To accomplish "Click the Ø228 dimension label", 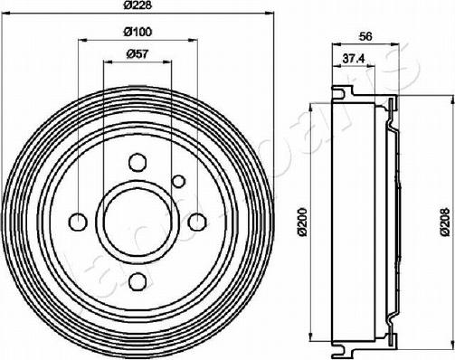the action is pyautogui.click(x=137, y=5).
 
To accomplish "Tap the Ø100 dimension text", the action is pyautogui.click(x=137, y=32).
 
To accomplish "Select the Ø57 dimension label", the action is pyautogui.click(x=137, y=54).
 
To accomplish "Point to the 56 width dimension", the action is pyautogui.click(x=365, y=36).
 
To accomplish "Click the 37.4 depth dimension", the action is pyautogui.click(x=354, y=59).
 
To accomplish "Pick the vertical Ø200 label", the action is pyautogui.click(x=302, y=221).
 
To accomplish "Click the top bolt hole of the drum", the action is pyautogui.click(x=137, y=162).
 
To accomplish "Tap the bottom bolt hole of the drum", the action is pyautogui.click(x=137, y=281).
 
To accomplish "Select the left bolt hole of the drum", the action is pyautogui.click(x=78, y=222).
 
